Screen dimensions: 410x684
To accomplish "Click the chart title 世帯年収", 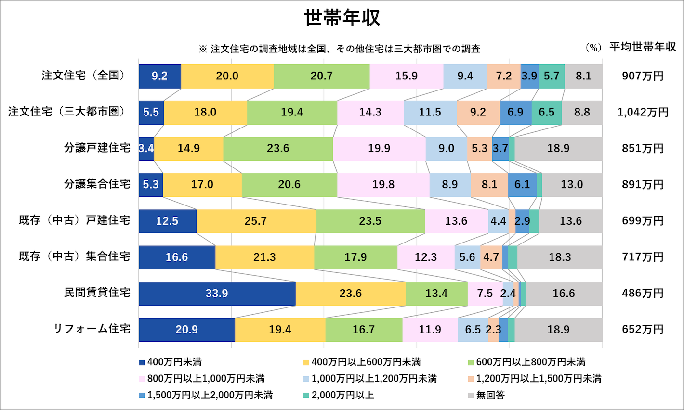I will [342, 18].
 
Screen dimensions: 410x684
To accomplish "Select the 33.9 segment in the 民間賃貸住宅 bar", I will [217, 294].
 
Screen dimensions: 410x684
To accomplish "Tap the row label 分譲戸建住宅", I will [97, 148].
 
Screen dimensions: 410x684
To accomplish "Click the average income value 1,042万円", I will [643, 112].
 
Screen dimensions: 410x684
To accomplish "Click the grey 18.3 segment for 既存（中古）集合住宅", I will [560, 257].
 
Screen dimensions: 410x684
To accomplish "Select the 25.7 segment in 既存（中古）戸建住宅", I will [256, 221].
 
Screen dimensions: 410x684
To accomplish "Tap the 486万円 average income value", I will [643, 293].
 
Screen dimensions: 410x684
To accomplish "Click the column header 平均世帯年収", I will [643, 47].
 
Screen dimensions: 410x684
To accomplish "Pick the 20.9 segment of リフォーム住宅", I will [186, 330].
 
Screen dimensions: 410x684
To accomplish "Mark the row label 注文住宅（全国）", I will [84, 76].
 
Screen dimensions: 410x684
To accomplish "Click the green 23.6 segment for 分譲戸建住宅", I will [278, 149].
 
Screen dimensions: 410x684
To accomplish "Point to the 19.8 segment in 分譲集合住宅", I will [383, 185].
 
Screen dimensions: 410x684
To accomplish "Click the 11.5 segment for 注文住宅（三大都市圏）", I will [430, 112].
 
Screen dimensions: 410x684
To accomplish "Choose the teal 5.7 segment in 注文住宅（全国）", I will [551, 76].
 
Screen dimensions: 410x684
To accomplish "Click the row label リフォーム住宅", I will [92, 329].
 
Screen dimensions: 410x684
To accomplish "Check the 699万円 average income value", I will [643, 221].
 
